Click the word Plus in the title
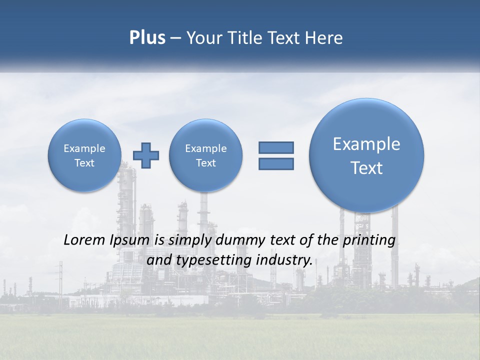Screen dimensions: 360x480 point(147,38)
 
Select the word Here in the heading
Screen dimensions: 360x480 point(324,38)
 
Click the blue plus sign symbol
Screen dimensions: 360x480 point(146,155)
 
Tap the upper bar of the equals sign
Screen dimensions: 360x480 point(276,147)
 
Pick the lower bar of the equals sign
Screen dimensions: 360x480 point(276,163)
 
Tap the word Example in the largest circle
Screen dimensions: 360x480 point(366,144)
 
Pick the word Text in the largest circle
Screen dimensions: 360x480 point(366,168)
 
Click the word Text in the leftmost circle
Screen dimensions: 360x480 point(84,163)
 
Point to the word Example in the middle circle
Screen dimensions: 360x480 point(205,148)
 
